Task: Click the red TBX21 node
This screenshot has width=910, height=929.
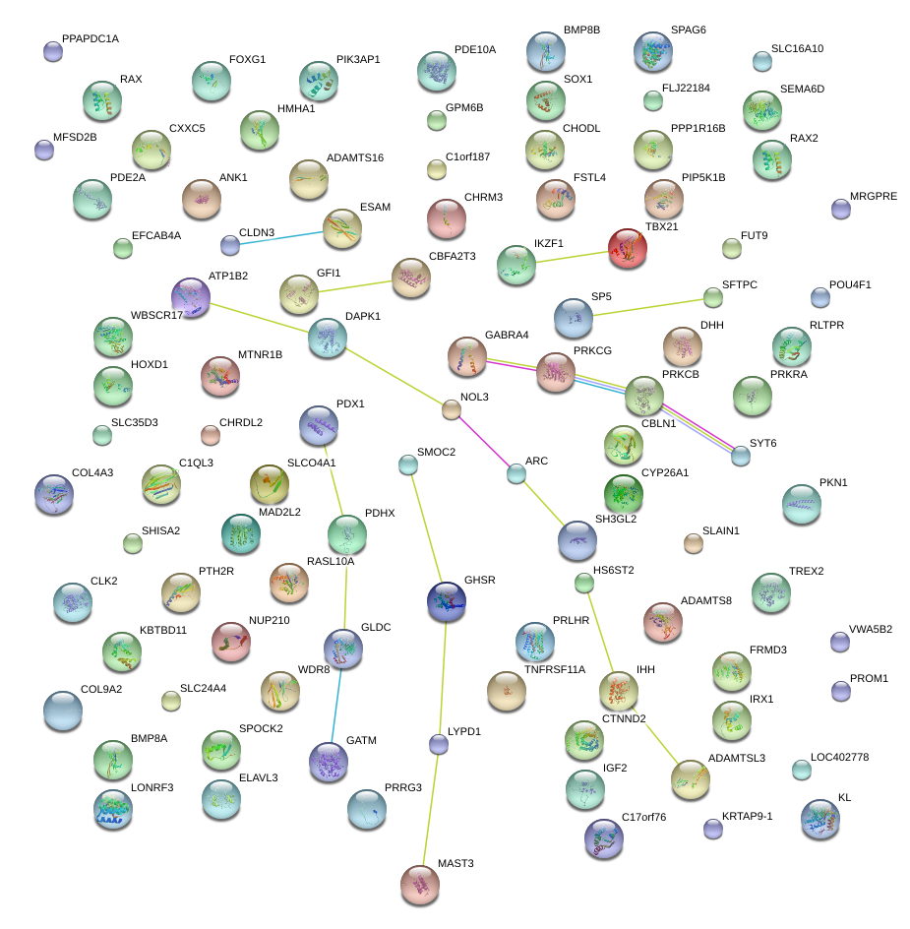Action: click(x=627, y=248)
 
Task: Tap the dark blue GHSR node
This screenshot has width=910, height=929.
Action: click(x=447, y=601)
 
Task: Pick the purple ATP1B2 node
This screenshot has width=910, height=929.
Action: click(x=191, y=296)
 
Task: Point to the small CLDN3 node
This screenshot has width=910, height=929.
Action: click(x=230, y=244)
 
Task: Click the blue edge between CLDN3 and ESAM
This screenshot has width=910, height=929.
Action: click(x=280, y=236)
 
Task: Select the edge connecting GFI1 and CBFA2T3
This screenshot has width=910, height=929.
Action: click(x=354, y=285)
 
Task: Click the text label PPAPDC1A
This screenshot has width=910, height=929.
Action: click(x=90, y=39)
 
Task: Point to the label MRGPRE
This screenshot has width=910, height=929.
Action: click(x=874, y=197)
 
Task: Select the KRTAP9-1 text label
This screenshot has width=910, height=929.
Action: click(x=748, y=816)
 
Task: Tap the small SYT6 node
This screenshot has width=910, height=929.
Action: click(x=741, y=455)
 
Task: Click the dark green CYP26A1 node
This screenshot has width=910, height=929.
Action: click(x=622, y=492)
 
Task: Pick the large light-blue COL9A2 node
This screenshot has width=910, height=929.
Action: click(x=63, y=710)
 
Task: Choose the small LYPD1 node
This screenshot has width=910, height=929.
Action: click(x=439, y=744)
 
